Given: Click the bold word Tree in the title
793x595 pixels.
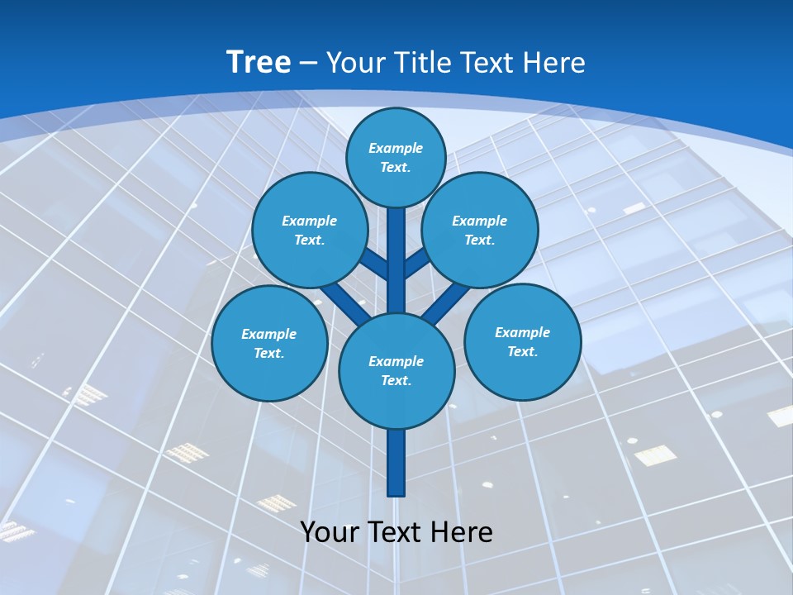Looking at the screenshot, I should (259, 62).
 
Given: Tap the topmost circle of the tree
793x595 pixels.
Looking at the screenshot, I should (396, 157).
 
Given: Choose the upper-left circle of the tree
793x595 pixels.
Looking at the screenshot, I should (310, 230).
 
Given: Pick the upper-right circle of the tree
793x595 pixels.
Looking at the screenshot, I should (480, 230).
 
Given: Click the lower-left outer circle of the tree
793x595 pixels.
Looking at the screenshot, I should (269, 343).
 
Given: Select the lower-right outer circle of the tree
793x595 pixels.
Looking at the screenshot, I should (522, 341).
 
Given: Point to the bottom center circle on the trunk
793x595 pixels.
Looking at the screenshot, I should (396, 370).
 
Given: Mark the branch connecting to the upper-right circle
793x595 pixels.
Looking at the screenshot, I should (416, 263).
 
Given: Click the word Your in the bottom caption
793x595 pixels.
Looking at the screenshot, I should (330, 531).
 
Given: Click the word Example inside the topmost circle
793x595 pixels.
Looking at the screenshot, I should (396, 148).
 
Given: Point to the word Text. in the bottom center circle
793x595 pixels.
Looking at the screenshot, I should (396, 380).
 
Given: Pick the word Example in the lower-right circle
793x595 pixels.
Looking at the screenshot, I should (522, 332).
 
